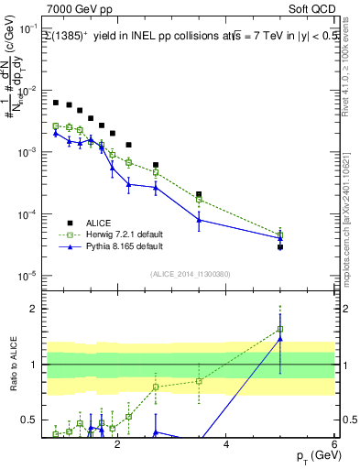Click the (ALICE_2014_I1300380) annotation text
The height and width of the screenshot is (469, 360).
[191, 273]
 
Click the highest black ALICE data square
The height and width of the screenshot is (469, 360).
[56, 103]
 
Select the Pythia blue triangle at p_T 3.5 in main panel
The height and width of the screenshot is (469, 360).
[199, 220]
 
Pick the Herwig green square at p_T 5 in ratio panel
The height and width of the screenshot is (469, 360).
[279, 329]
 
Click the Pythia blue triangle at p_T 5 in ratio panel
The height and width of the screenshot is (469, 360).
[279, 339]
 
